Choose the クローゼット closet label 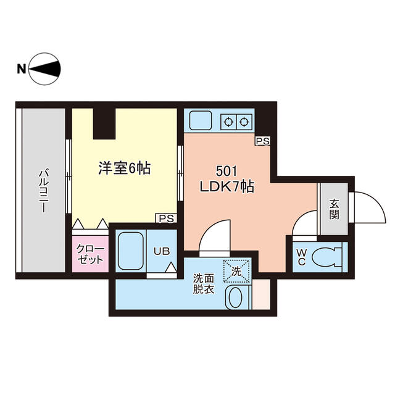(x=90, y=254)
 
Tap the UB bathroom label (x=162, y=251)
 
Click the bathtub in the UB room (x=131, y=250)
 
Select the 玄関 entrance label (x=334, y=210)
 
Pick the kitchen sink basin (x=201, y=120)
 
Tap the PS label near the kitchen (x=263, y=141)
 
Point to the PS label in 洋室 (x=165, y=218)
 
